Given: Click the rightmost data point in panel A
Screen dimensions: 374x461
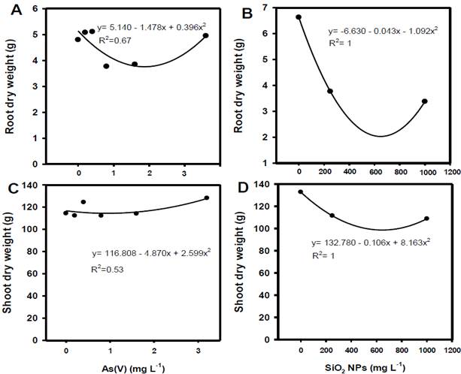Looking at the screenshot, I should point(206,35).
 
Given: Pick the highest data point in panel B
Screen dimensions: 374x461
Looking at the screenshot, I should point(299,17).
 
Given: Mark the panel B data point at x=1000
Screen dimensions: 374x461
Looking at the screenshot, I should point(425,101).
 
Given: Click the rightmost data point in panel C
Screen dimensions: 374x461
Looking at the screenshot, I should point(206,198).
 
